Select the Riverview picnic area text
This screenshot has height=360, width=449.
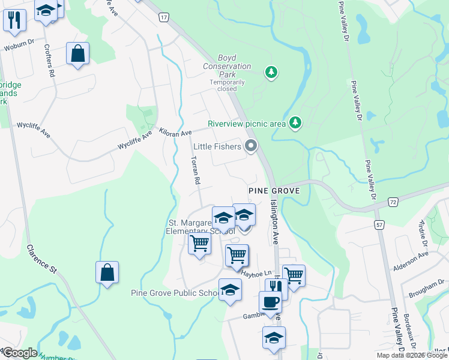246,124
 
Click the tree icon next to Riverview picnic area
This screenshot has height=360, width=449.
295,123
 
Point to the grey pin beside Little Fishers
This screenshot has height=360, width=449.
251,146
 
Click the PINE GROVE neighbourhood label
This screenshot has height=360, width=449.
274,190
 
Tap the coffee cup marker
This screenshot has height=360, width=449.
270,302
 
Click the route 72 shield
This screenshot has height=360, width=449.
393,203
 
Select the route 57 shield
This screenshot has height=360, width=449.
379,224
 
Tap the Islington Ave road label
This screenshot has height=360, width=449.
275,221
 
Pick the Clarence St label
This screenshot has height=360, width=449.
41,259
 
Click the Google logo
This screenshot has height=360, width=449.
19,353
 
